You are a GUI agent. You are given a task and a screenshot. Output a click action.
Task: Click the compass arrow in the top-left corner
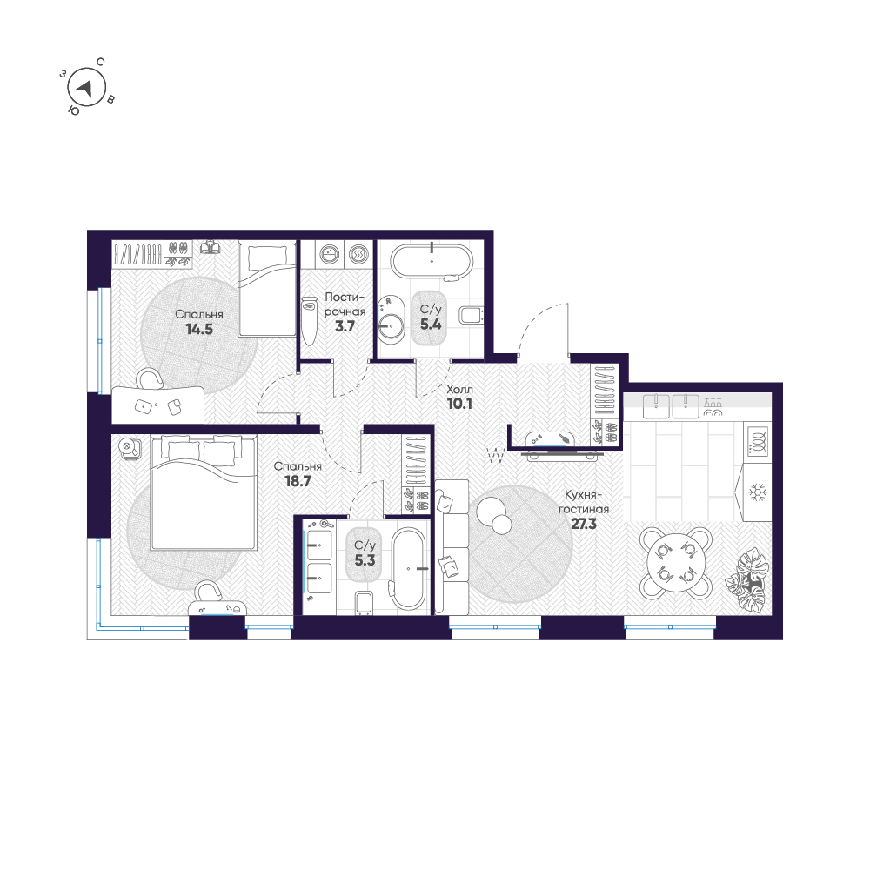point(85,87)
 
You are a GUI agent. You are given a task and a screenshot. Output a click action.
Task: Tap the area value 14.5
point(198,330)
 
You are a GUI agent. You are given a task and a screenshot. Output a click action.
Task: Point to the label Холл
point(460,391)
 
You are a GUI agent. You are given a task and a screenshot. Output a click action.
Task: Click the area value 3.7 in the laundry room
point(344,326)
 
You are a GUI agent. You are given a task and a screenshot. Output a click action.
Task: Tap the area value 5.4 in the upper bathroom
point(431,324)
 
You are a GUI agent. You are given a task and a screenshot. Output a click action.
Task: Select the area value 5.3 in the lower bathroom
point(365,560)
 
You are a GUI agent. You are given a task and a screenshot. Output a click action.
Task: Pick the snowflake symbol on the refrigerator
point(758,493)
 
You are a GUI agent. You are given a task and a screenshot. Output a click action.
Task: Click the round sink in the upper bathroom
point(391,326)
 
